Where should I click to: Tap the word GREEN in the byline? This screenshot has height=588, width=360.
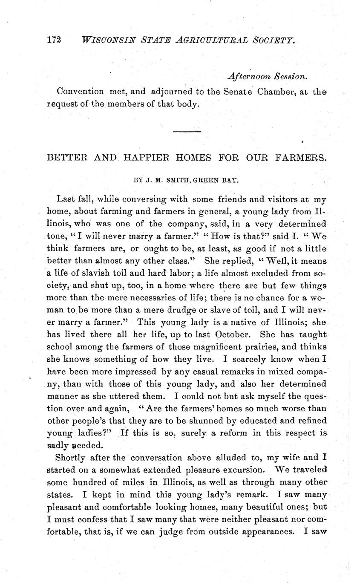[204, 180]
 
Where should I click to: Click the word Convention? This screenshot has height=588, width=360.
[80, 92]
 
